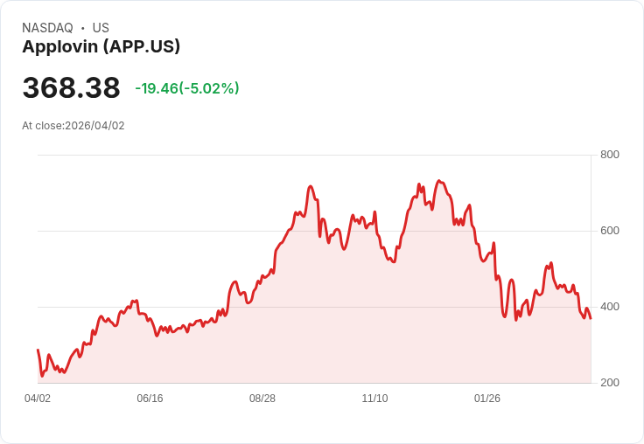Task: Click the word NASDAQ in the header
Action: (47, 28)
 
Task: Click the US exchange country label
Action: (101, 28)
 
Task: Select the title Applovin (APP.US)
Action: (101, 47)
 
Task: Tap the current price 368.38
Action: (71, 88)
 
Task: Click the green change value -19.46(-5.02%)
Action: (186, 88)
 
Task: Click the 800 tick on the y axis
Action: (609, 155)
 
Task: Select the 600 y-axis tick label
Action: (609, 231)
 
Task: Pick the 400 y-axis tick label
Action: (609, 307)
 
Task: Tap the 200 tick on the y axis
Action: (609, 383)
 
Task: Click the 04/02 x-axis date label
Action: (38, 399)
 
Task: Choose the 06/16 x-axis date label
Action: (150, 399)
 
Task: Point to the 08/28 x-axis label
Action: (262, 399)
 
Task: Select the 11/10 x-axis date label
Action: (374, 399)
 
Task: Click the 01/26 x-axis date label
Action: (487, 399)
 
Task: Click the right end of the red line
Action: (591, 317)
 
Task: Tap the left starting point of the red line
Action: (38, 350)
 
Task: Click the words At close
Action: (42, 126)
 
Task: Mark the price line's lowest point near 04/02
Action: (41, 376)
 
